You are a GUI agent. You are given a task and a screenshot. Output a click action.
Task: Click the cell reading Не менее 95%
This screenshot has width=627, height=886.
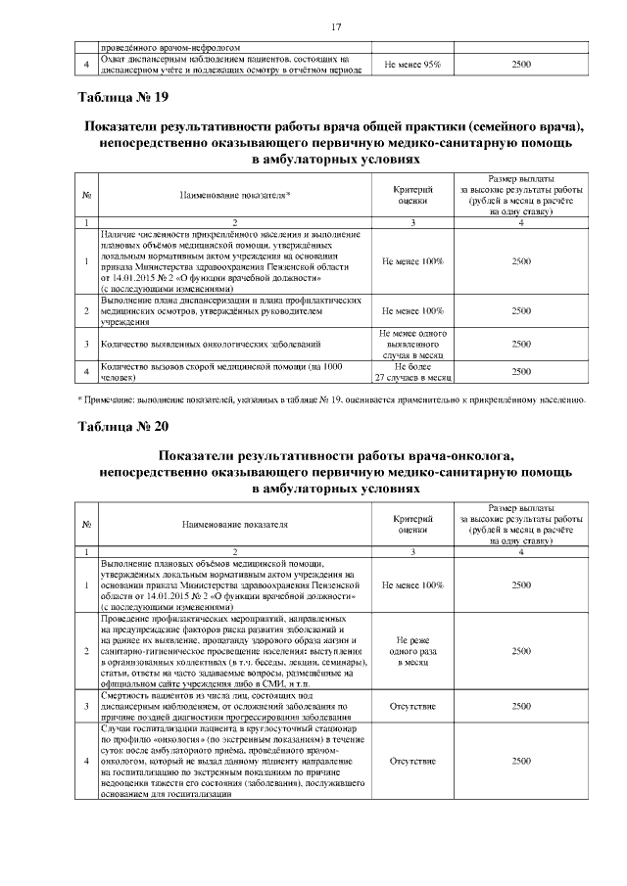coord(412,64)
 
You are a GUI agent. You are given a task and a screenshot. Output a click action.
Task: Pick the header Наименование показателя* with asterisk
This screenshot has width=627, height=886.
coord(235,196)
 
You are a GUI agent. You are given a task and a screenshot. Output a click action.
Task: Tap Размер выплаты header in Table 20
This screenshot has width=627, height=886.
coord(521,509)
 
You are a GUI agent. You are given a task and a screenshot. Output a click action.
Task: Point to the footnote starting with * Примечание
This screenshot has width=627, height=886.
coord(331,399)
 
